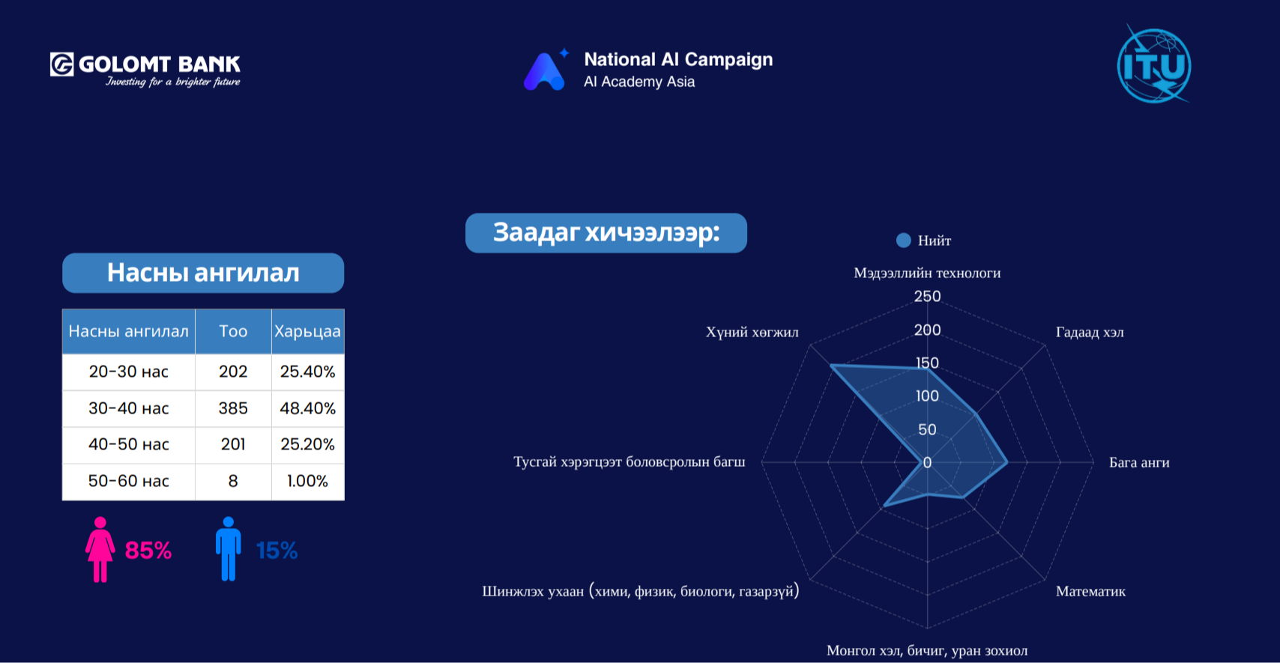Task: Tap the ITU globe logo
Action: click(1153, 64)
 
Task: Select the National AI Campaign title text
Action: click(678, 59)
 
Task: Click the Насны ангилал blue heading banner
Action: click(203, 273)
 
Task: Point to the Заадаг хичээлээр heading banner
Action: click(606, 233)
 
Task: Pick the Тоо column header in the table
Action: click(233, 331)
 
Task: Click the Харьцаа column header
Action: click(307, 331)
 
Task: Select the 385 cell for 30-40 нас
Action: click(233, 408)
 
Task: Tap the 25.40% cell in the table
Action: click(307, 372)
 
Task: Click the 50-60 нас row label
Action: click(129, 481)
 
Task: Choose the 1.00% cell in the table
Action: click(307, 481)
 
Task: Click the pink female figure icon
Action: click(100, 549)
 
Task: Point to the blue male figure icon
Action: click(229, 549)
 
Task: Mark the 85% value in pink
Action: click(148, 551)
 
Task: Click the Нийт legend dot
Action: click(904, 240)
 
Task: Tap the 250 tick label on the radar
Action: click(927, 297)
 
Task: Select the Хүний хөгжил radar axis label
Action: click(752, 333)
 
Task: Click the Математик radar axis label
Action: click(1090, 591)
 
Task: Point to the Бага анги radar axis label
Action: click(1139, 462)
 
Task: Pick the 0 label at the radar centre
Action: click(928, 462)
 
